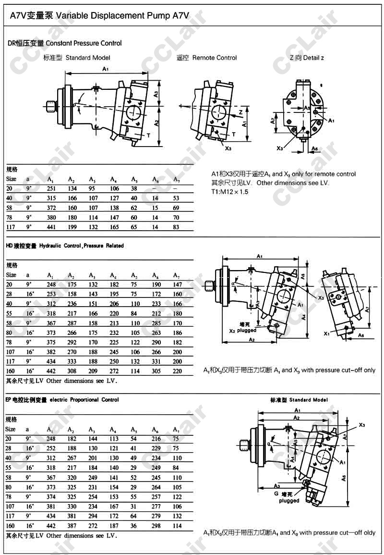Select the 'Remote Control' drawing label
[215, 58]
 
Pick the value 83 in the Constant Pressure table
[176, 226]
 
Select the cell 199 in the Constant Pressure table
[72, 226]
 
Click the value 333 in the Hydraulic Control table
[72, 361]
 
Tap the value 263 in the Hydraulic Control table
[156, 333]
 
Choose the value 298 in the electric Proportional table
[156, 526]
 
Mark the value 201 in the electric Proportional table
[93, 458]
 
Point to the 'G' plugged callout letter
[276, 493]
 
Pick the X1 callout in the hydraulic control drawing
[327, 333]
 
